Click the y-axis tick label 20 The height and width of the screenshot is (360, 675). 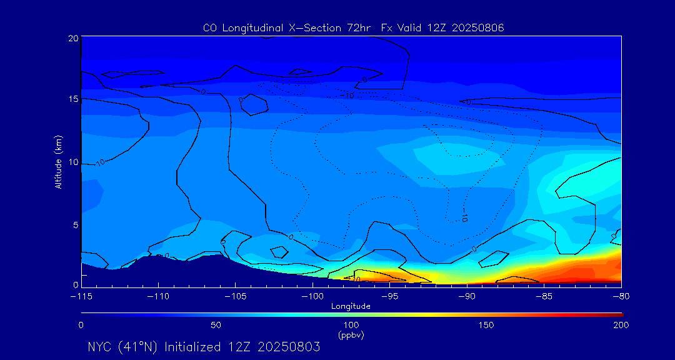[x=73, y=38]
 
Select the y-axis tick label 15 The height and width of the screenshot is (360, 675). [x=73, y=99]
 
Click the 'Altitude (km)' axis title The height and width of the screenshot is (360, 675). [x=58, y=162]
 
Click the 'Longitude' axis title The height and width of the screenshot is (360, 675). [x=351, y=306]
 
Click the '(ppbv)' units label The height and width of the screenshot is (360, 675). [x=351, y=335]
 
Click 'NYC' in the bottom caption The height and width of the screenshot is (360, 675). [x=100, y=347]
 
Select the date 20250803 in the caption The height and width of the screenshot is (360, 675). [x=289, y=347]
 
